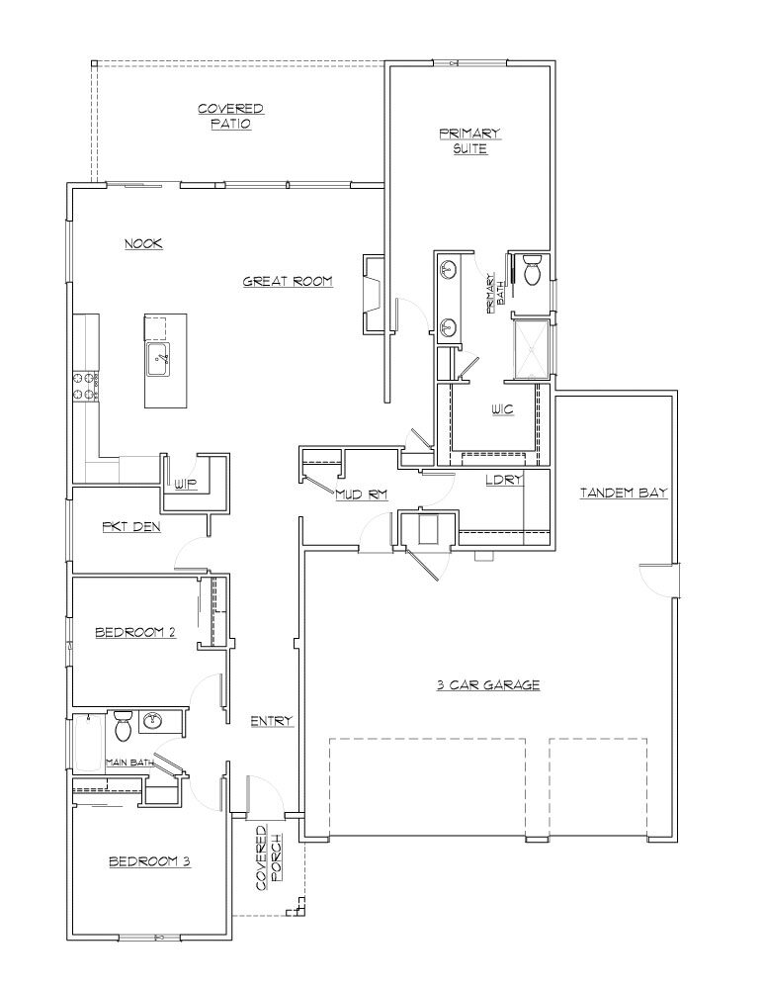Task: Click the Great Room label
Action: pos(288,281)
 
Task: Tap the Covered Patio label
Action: pos(230,117)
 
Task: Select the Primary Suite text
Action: pos(469,141)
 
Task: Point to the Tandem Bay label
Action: pos(624,494)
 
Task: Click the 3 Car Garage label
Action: pos(488,685)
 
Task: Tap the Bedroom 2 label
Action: pos(134,632)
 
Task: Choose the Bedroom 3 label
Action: pos(150,861)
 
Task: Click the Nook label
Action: pos(143,243)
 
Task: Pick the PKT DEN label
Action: pos(131,527)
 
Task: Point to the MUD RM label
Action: pos(361,494)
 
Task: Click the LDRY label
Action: pos(504,480)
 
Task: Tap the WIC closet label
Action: pos(502,410)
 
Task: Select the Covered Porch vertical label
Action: pos(269,857)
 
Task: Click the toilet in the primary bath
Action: pos(532,269)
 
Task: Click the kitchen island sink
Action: pos(157,360)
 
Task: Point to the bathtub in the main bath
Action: pos(88,743)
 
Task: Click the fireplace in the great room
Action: pos(374,294)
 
